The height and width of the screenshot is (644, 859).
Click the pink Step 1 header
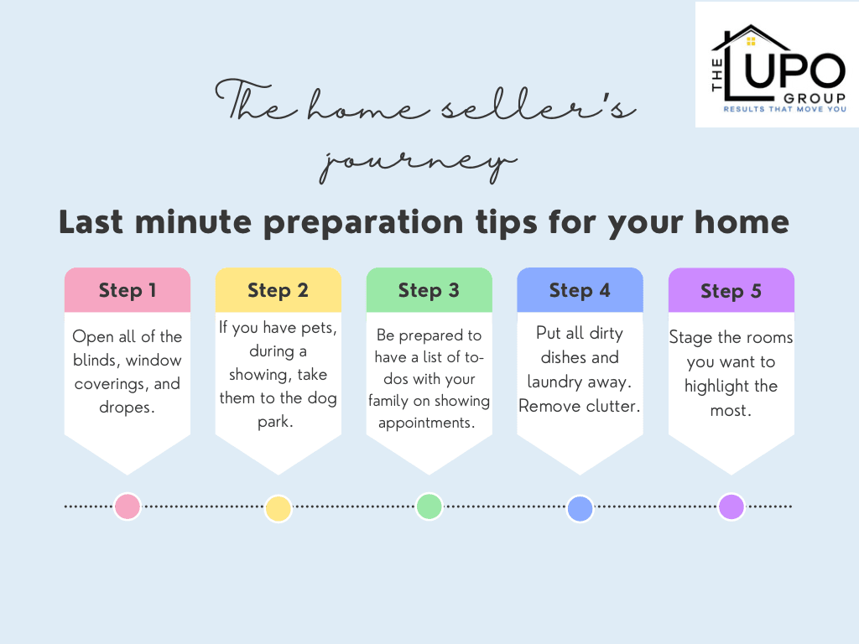tap(128, 290)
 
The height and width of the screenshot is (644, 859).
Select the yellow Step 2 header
tap(279, 290)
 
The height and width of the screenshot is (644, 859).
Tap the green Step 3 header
tap(429, 290)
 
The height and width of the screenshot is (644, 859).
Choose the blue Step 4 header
tap(580, 290)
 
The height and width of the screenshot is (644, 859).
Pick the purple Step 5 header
tap(731, 290)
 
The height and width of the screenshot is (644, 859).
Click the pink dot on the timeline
tap(128, 506)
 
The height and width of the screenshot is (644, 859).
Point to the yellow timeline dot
tap(279, 508)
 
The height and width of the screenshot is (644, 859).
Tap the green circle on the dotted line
tap(429, 506)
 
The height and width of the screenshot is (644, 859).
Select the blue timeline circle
tap(580, 509)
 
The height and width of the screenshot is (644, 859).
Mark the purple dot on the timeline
tap(731, 506)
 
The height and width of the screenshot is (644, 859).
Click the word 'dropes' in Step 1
tap(126, 408)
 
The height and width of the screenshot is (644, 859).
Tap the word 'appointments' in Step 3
tap(424, 423)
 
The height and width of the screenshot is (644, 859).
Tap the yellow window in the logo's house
tap(751, 41)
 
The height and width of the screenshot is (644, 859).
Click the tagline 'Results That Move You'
tap(785, 110)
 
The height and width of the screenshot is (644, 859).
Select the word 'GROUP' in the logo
tap(815, 98)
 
